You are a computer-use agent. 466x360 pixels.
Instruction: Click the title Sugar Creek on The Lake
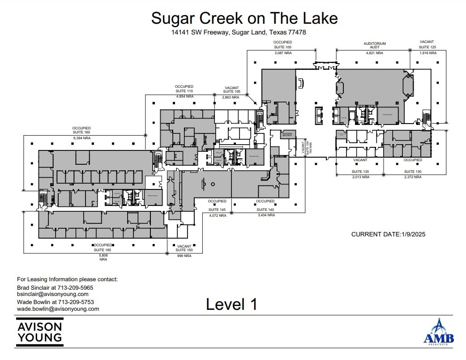pos(244,18)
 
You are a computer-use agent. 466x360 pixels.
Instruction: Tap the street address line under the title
pos(239,32)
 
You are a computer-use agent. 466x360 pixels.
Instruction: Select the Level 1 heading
pos(231,304)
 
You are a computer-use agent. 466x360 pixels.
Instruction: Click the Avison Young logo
pos(39,332)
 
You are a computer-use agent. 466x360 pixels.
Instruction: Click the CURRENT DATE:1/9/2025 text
pos(389,234)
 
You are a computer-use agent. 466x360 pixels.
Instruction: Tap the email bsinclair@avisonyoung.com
pos(52,294)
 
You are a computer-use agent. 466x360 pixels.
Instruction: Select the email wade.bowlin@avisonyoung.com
pos(58,309)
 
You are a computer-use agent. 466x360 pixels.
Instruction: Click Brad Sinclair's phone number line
pos(55,287)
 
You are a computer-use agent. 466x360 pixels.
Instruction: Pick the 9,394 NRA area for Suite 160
pos(81,138)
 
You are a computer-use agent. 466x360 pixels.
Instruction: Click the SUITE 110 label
pos(184,91)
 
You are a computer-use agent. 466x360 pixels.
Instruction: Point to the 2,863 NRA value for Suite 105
pos(231,97)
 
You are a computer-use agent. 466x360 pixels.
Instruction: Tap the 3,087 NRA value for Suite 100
pos(282,53)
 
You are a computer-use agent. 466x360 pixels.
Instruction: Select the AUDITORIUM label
pos(374,44)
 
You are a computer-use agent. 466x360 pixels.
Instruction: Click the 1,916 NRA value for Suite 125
pos(428,53)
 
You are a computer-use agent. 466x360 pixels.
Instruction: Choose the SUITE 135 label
pos(360,171)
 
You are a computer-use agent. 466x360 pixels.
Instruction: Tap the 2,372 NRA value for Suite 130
pos(412,177)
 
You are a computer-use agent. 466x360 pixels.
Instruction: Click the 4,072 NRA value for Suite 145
pos(217,215)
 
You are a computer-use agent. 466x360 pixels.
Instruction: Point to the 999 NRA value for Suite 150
pos(184,256)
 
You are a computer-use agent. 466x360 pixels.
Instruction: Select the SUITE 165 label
pos(103,250)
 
